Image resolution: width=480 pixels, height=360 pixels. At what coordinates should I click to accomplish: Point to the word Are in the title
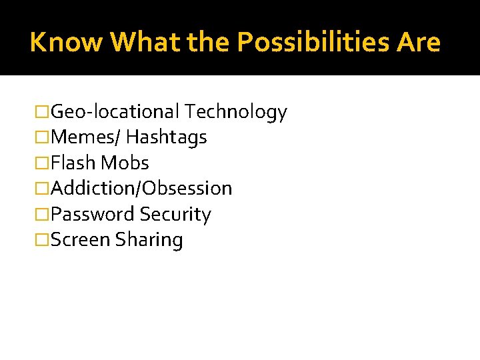(418, 43)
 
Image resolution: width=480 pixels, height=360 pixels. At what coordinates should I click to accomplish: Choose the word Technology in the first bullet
(236, 112)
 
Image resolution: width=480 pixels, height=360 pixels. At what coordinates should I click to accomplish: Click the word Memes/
(85, 137)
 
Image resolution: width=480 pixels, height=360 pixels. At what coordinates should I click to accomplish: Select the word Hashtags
(166, 137)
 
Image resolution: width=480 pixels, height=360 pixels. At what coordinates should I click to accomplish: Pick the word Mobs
(125, 163)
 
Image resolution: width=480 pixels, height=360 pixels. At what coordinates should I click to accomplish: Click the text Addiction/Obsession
(141, 188)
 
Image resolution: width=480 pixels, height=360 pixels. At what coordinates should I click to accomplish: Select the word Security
(175, 214)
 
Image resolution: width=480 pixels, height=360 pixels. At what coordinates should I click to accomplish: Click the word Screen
(80, 239)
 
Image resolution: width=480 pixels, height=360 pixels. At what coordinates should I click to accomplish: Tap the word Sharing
(149, 239)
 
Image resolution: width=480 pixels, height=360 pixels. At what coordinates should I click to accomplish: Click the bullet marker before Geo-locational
(43, 112)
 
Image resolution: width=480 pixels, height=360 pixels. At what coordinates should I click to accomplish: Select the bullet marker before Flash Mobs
(43, 163)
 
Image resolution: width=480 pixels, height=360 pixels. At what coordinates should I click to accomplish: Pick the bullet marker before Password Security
(43, 214)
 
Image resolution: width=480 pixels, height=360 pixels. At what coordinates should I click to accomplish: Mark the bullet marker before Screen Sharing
(43, 239)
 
